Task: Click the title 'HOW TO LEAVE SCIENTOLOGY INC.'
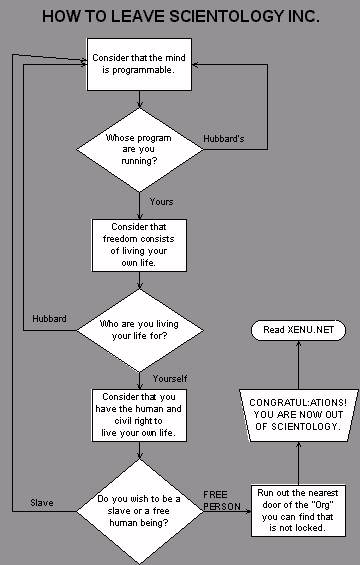pos(179,17)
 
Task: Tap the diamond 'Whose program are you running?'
pos(140,145)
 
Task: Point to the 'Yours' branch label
pos(161,202)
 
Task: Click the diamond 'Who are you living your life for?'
pos(140,330)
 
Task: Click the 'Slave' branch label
pos(41,502)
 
